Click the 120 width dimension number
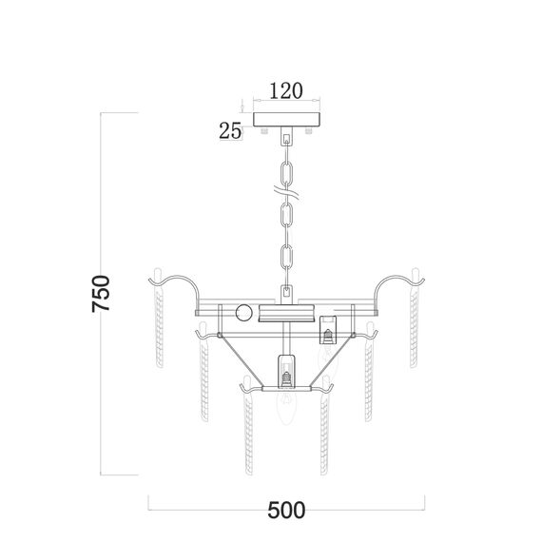click(x=286, y=90)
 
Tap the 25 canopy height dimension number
click(x=230, y=131)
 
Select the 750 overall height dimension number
click(x=101, y=294)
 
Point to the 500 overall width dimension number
click(x=286, y=510)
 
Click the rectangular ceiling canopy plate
click(x=286, y=119)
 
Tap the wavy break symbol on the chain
click(x=286, y=192)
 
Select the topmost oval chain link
click(x=287, y=173)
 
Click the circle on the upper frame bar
click(x=244, y=313)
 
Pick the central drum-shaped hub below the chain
click(x=286, y=313)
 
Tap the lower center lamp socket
click(x=286, y=371)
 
